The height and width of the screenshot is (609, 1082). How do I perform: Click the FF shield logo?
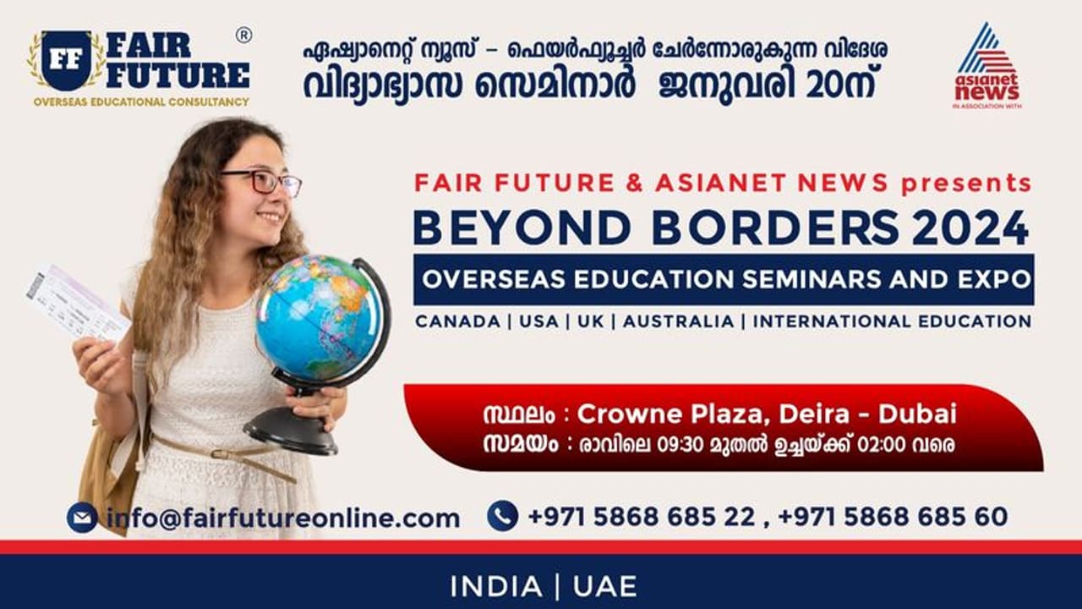tap(66, 61)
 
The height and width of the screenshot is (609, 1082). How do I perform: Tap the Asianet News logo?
tap(986, 66)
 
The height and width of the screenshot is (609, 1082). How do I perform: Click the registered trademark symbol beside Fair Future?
tap(243, 35)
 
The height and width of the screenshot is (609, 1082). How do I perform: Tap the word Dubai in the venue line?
tap(917, 414)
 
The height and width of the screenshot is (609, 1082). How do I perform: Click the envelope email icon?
tap(82, 517)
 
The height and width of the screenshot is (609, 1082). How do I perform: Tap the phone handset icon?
tap(502, 516)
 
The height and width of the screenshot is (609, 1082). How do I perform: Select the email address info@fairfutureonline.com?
tap(283, 518)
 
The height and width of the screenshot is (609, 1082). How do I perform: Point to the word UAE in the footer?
tap(604, 586)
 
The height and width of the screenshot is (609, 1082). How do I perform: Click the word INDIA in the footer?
tap(496, 586)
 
